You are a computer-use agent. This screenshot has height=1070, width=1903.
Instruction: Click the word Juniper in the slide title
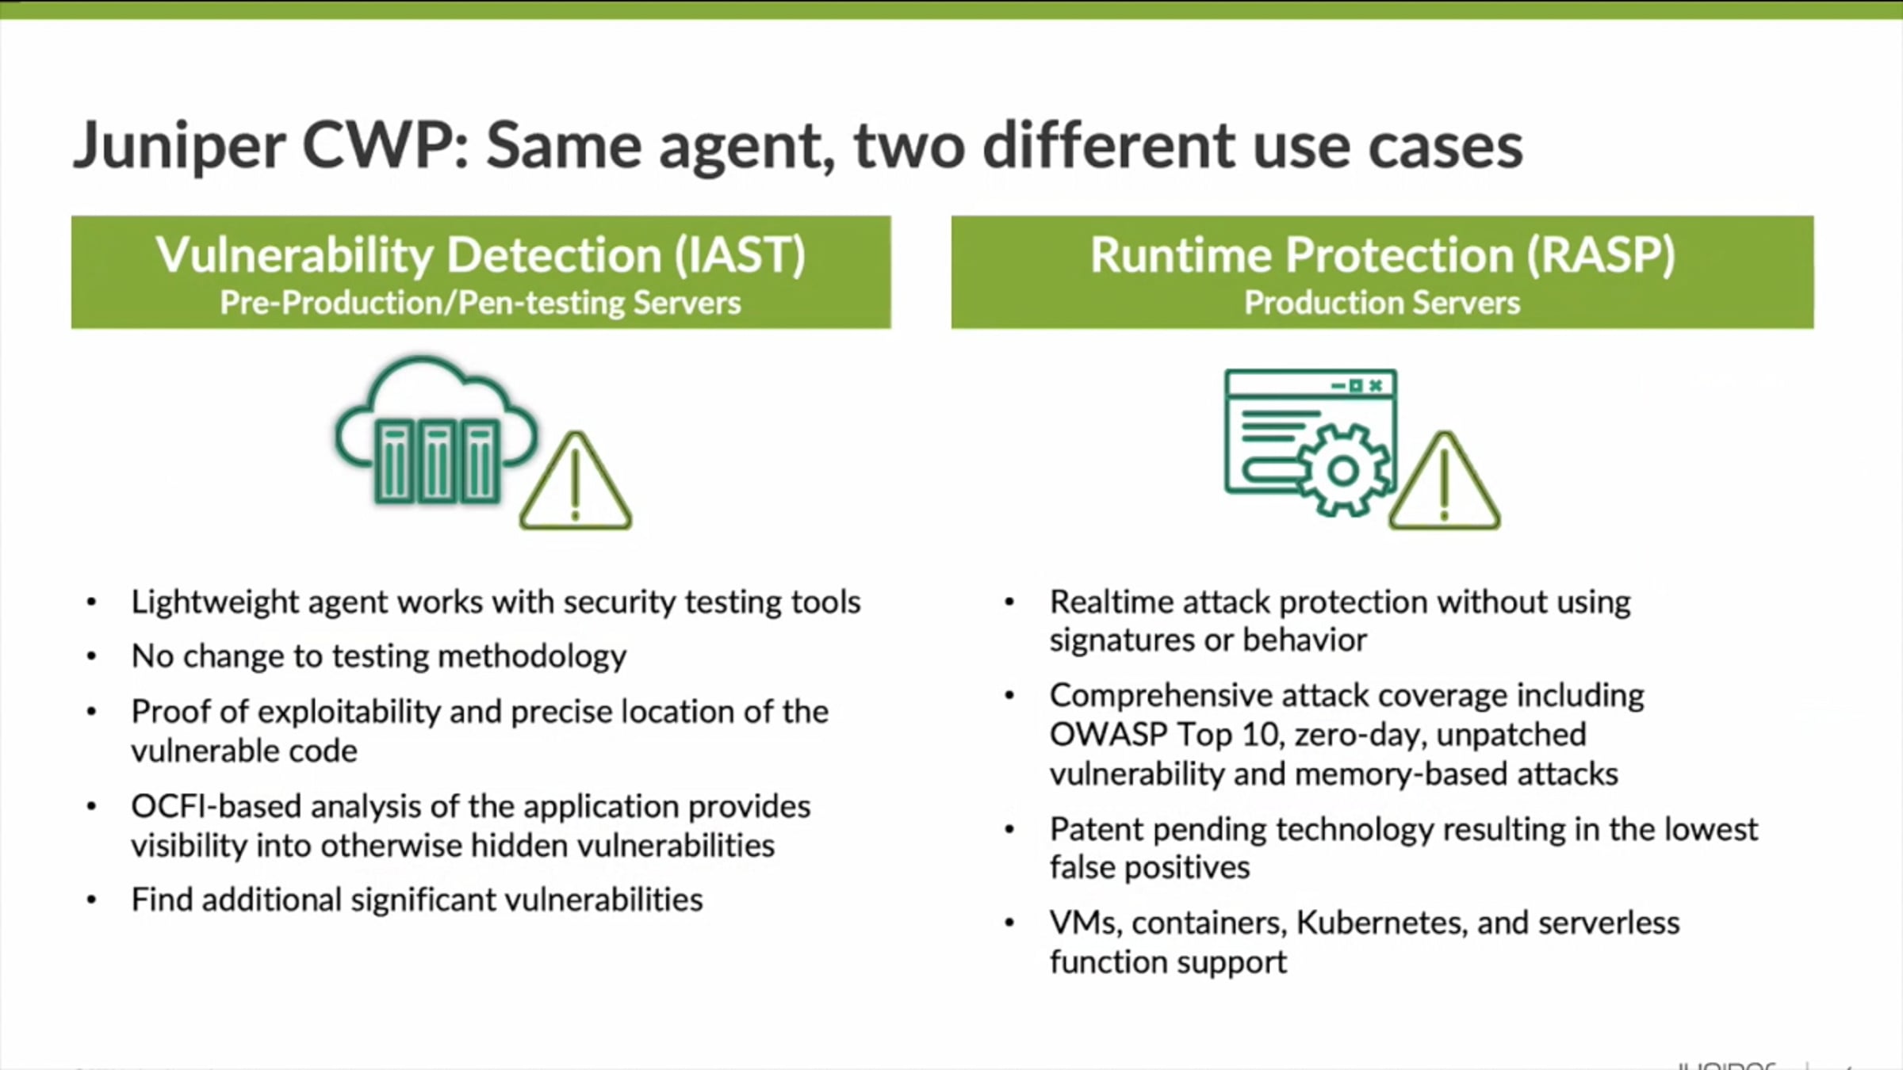pyautogui.click(x=179, y=147)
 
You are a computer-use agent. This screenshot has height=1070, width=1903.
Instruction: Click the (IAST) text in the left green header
pyautogui.click(x=739, y=255)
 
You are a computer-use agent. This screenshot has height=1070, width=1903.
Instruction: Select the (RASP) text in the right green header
pyautogui.click(x=1601, y=255)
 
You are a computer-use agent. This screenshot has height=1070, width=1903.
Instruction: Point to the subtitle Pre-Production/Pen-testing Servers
pyautogui.click(x=481, y=303)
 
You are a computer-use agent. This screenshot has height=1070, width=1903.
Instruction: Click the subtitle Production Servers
pyautogui.click(x=1382, y=303)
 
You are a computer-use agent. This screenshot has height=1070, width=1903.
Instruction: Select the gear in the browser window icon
pyautogui.click(x=1342, y=472)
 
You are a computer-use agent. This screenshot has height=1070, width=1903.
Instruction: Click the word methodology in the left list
pyautogui.click(x=531, y=657)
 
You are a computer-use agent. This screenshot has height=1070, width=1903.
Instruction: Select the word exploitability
pyautogui.click(x=349, y=712)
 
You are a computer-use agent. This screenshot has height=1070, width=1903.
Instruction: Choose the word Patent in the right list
pyautogui.click(x=1095, y=830)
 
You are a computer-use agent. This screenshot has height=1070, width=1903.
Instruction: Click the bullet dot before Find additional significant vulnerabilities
pyautogui.click(x=92, y=900)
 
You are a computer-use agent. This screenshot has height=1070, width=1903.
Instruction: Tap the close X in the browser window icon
pyautogui.click(x=1376, y=385)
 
